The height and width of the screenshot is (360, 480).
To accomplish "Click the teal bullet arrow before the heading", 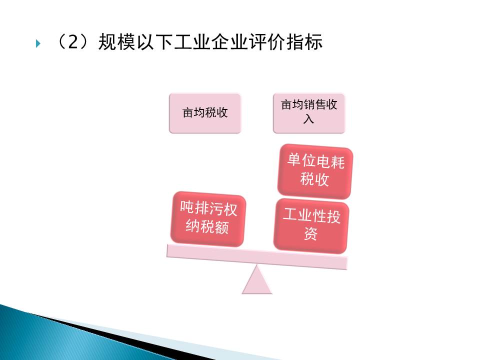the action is pos(38,43).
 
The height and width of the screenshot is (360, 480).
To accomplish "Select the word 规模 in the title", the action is pos(116,42).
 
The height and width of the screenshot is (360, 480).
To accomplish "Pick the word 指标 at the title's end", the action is pos(304,42).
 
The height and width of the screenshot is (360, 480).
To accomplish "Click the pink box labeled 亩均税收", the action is pos(205,113).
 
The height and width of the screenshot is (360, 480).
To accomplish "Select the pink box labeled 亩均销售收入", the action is pos(309,113).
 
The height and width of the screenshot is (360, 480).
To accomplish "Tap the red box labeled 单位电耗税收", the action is pos(315,171).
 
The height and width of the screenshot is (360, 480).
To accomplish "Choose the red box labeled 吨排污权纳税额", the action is pos(208,218).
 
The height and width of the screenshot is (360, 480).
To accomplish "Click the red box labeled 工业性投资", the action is pos(311,226).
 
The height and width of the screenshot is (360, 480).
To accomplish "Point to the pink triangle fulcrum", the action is pos(257,280).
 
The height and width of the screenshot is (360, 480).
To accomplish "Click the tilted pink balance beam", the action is pos(257,257).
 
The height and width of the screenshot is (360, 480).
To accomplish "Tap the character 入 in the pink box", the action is pos(309,119).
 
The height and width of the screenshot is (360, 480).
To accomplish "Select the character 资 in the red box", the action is pos(310,234).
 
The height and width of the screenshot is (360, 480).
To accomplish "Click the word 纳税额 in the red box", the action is pos(207,227).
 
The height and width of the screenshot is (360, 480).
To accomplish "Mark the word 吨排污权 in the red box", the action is pos(208,208).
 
